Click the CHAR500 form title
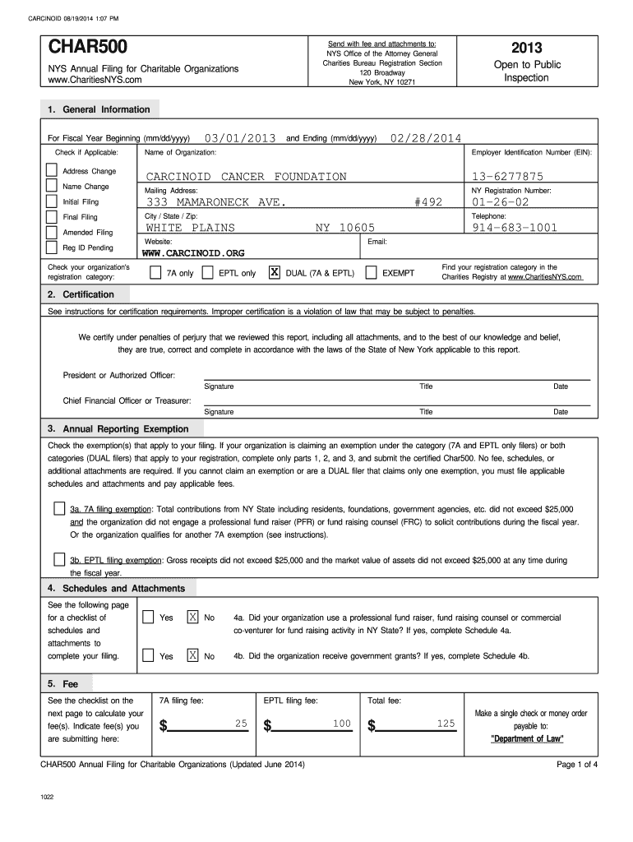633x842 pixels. (x=84, y=48)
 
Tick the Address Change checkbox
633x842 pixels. (x=52, y=170)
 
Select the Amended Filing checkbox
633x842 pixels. (x=52, y=232)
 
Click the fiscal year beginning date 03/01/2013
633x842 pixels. (x=240, y=138)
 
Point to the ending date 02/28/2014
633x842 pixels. (x=426, y=138)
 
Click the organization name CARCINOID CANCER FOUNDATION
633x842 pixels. (x=247, y=177)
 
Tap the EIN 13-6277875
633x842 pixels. (x=507, y=177)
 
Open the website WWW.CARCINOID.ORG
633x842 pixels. (x=194, y=253)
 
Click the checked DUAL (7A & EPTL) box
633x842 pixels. (x=275, y=272)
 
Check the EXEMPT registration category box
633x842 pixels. (x=372, y=272)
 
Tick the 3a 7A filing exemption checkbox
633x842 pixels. (x=59, y=509)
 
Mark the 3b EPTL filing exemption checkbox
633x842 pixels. (x=59, y=560)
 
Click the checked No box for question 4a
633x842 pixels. (x=192, y=618)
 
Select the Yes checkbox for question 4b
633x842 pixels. (x=148, y=655)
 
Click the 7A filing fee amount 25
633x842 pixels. (x=241, y=723)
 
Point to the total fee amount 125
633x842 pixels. (x=446, y=723)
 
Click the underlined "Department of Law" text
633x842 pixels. (x=527, y=739)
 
